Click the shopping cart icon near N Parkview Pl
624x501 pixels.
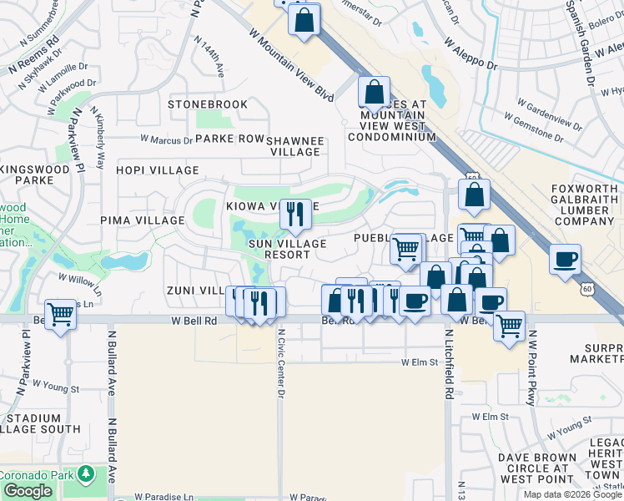pyautogui.click(x=61, y=315)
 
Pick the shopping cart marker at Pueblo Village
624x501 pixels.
pyautogui.click(x=407, y=247)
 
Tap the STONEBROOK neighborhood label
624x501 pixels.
pyautogui.click(x=208, y=104)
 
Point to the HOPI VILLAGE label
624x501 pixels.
pyautogui.click(x=158, y=170)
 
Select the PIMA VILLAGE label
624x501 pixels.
pyautogui.click(x=142, y=220)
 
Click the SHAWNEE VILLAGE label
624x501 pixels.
pyautogui.click(x=294, y=146)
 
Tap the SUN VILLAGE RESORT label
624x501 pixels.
pyautogui.click(x=287, y=249)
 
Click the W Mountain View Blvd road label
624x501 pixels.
pyautogui.click(x=291, y=63)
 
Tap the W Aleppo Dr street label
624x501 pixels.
pyautogui.click(x=471, y=53)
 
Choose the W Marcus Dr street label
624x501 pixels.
pyautogui.click(x=166, y=139)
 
